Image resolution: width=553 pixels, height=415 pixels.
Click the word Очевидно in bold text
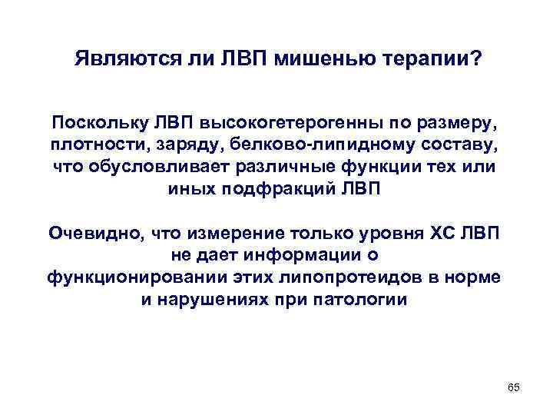(96, 233)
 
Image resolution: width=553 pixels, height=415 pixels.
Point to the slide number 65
(514, 389)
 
